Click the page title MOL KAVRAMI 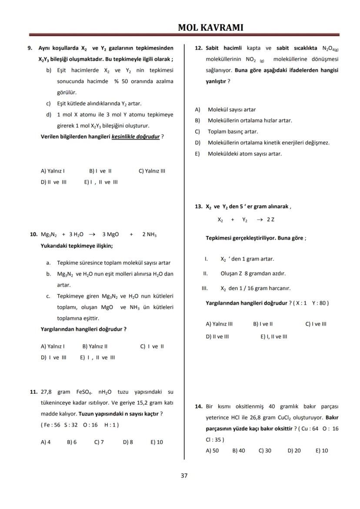point(211,27)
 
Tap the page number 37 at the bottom point(184,476)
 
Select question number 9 point(30,48)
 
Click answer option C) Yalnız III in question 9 point(152,171)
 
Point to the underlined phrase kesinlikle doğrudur point(135,136)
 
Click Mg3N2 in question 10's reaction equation point(49,235)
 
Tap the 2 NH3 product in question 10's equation point(149,235)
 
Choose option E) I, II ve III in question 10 point(97,357)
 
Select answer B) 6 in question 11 point(72,442)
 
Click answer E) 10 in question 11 point(157,442)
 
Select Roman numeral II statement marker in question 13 point(205,273)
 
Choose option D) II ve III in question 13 point(217,336)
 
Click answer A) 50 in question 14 point(212,450)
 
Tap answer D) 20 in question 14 point(294,450)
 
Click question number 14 point(198,406)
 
